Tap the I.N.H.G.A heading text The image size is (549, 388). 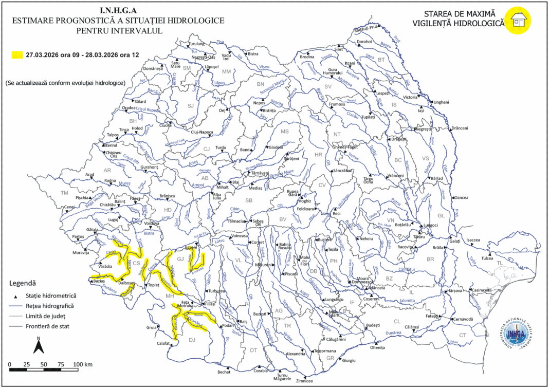(x=119, y=10)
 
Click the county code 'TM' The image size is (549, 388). (x=64, y=193)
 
